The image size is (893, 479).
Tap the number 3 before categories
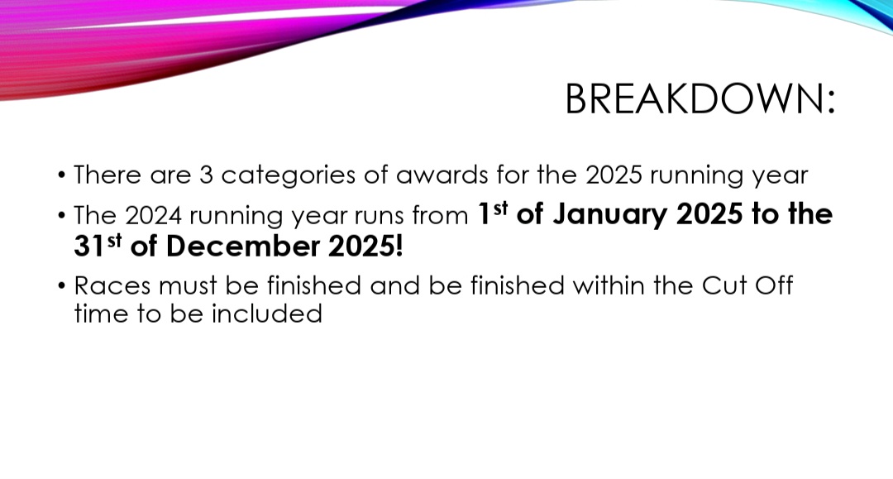[x=206, y=175]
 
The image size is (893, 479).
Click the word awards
[x=442, y=175]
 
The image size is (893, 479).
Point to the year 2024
[x=153, y=216]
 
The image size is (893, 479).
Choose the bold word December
[x=242, y=246]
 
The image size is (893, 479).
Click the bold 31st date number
[x=98, y=246]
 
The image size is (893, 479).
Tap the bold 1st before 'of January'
[x=492, y=213]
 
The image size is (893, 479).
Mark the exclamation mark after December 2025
[x=399, y=246]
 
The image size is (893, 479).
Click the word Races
[x=112, y=285]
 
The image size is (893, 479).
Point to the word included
[x=266, y=314]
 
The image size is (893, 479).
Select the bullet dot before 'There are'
[x=61, y=175]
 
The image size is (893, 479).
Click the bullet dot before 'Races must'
[x=61, y=285]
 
